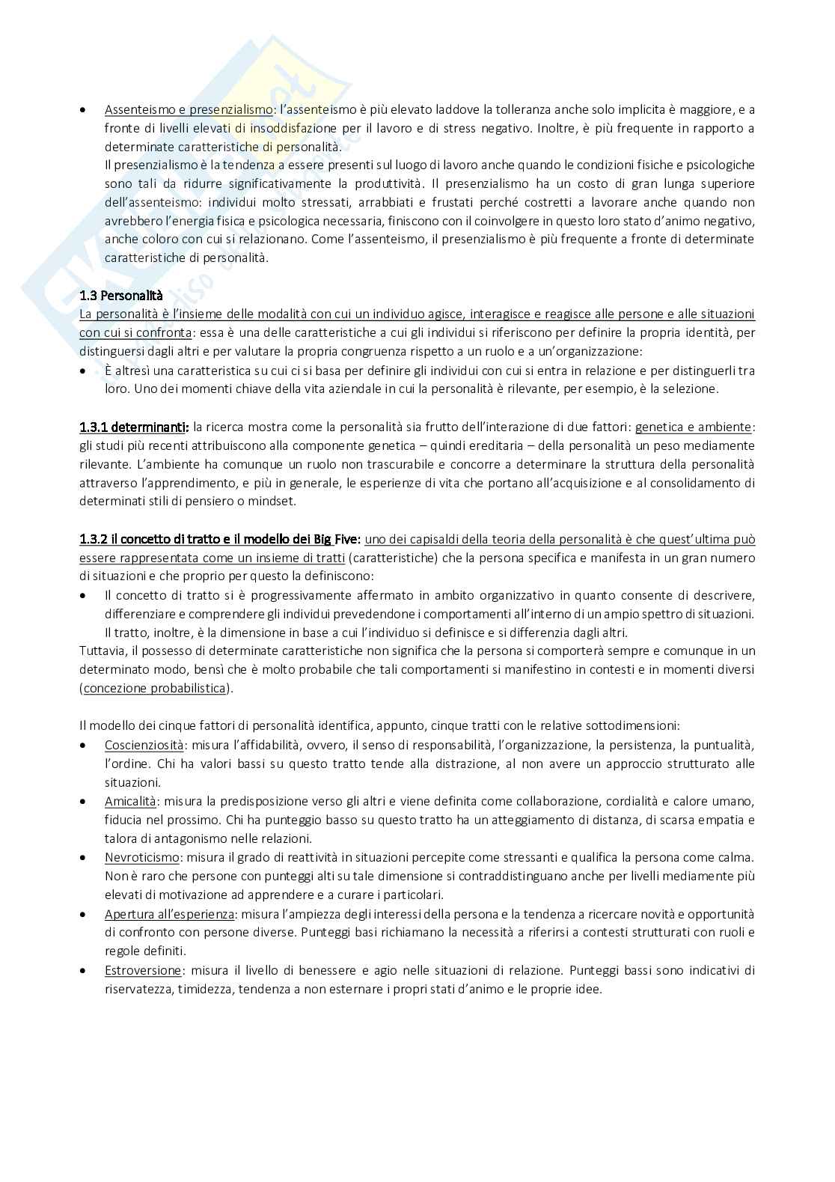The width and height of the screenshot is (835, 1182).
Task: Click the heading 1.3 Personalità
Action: coord(120,295)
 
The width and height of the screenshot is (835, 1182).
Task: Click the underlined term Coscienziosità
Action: coord(144,745)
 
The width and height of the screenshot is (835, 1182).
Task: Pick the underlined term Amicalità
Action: coord(130,801)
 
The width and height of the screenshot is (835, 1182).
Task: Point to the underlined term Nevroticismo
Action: coord(141,857)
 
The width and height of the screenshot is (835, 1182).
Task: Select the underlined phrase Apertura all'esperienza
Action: coord(170,913)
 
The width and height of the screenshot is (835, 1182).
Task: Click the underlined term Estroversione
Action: coord(142,970)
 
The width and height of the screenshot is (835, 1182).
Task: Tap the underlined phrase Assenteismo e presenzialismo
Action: coord(189,109)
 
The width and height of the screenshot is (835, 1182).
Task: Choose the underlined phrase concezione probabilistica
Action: coord(154,688)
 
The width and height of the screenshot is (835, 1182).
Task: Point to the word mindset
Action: coord(275,501)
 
